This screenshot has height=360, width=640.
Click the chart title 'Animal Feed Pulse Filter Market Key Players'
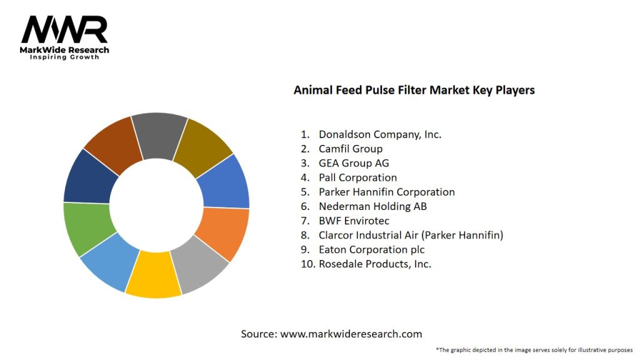tap(414, 90)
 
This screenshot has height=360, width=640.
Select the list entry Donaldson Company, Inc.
tap(380, 134)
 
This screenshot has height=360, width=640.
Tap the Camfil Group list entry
tap(350, 149)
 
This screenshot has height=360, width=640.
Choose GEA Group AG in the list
tap(354, 163)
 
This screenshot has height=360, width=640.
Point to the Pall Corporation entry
tap(357, 177)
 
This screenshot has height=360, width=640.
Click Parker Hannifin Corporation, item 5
tap(386, 192)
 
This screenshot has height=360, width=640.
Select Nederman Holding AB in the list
tap(372, 206)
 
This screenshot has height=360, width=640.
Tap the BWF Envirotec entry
tap(354, 221)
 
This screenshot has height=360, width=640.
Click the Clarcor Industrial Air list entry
tap(411, 235)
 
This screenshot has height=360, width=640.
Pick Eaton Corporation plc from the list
tap(371, 249)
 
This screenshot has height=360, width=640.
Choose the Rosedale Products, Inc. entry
tap(375, 264)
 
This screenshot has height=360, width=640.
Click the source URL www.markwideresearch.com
tap(351, 334)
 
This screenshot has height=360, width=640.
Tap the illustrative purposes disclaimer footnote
tap(534, 349)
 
